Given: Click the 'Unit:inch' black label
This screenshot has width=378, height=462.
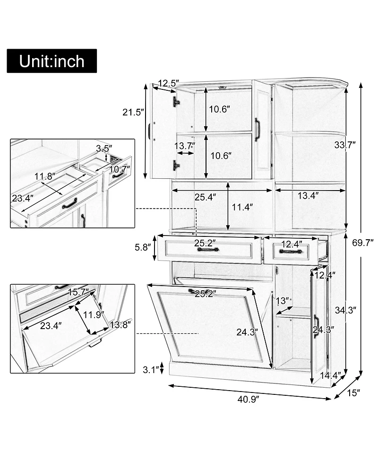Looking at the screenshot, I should pyautogui.click(x=52, y=61).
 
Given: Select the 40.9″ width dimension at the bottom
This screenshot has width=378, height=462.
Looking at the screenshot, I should pyautogui.click(x=249, y=399).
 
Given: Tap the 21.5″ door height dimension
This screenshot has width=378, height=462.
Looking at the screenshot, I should pyautogui.click(x=133, y=113).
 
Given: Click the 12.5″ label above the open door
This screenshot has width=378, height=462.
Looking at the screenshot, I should pyautogui.click(x=169, y=84).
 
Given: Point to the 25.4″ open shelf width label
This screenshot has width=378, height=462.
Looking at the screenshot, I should pyautogui.click(x=206, y=197).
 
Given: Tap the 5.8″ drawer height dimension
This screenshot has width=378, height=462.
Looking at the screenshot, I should pyautogui.click(x=143, y=247).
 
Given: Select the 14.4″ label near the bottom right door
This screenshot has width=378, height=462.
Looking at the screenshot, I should pyautogui.click(x=330, y=376).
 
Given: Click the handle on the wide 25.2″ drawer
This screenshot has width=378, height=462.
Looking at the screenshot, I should pyautogui.click(x=208, y=249).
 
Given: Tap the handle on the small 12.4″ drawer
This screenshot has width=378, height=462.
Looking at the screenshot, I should pyautogui.click(x=291, y=252).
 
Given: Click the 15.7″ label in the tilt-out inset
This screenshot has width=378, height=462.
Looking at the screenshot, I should pyautogui.click(x=78, y=293).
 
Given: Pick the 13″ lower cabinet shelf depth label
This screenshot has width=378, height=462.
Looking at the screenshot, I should pyautogui.click(x=283, y=301).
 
